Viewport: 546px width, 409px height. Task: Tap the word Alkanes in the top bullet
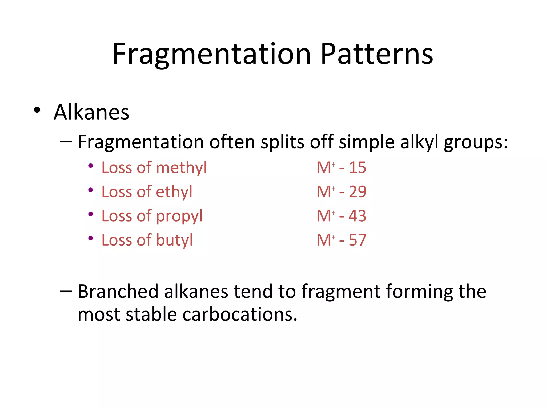pos(91,112)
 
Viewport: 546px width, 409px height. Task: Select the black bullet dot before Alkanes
pos(37,110)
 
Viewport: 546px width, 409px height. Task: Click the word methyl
pos(181,168)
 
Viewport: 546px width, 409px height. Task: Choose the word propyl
pos(179,216)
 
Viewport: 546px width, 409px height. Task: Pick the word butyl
pos(174,240)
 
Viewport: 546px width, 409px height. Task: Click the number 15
pos(358,168)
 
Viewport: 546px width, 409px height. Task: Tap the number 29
pos(358,192)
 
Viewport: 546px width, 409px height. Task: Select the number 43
pos(358,216)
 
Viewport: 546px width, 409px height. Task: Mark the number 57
pos(358,240)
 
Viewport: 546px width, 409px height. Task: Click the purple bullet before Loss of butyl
pos(91,238)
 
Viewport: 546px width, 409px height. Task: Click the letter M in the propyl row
pos(324,216)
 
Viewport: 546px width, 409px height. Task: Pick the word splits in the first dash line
pos(282,142)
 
